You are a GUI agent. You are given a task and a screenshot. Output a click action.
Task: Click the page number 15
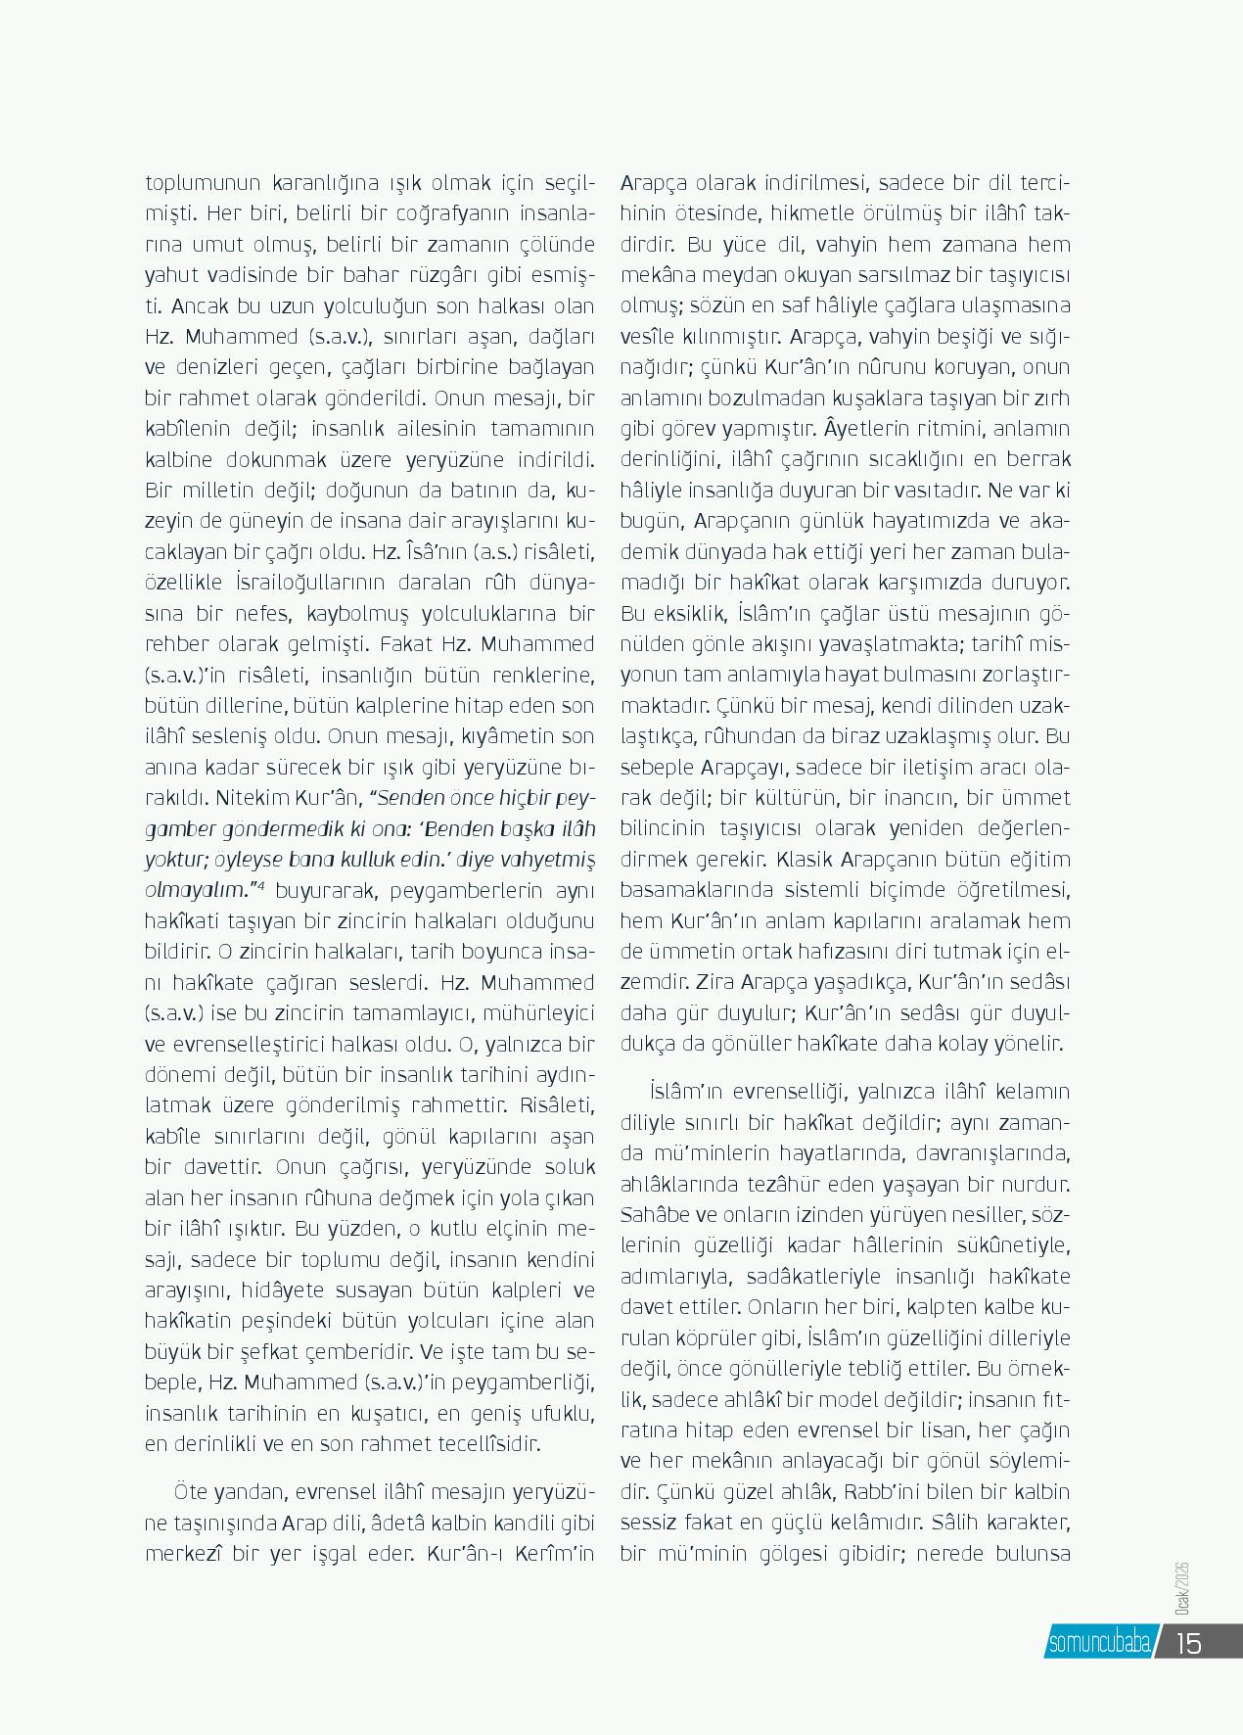1188,1642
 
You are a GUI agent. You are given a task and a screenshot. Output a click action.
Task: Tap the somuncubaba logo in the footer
1098,1642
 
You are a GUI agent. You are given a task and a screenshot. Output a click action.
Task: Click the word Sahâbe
654,1215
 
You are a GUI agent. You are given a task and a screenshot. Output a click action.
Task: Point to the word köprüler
710,1338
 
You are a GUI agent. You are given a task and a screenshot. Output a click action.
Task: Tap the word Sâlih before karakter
958,1524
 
